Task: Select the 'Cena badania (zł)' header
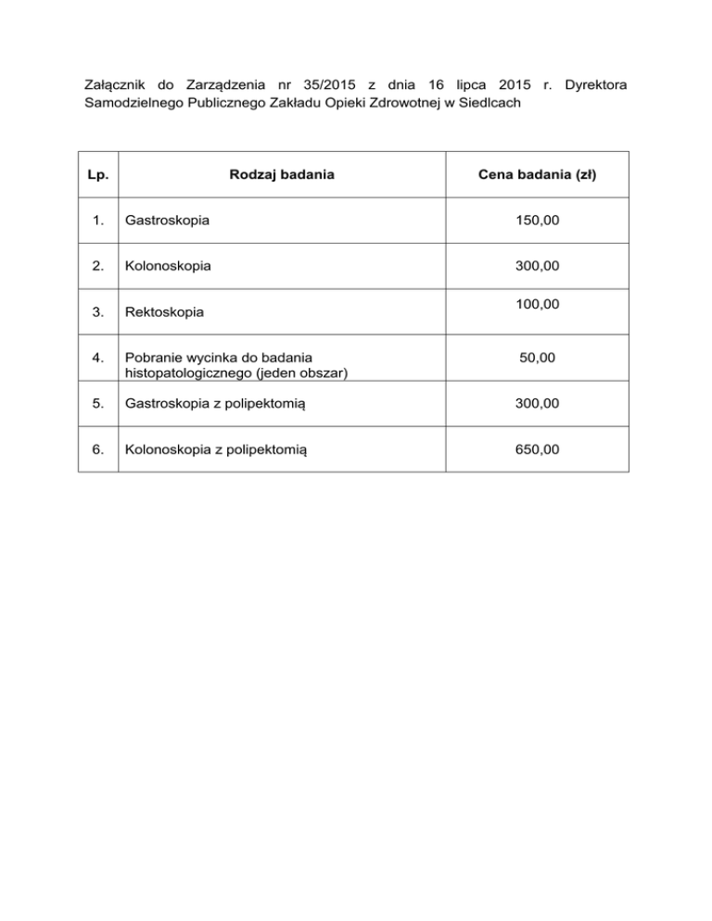538,175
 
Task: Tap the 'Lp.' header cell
99,175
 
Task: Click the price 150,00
538,221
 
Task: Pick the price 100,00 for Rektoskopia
538,303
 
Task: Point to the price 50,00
538,358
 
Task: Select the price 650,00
538,449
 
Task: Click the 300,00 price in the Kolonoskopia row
538,265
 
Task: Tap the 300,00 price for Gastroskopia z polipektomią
538,404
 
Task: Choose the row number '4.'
99,358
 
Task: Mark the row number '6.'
99,449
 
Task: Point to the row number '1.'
99,221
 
